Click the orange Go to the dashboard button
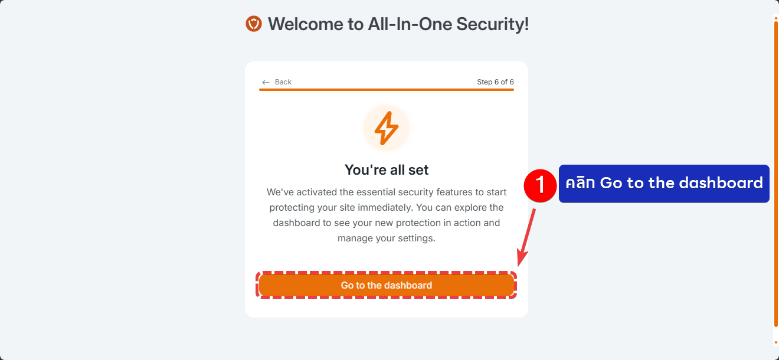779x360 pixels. click(x=387, y=285)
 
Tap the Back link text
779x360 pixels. click(x=283, y=82)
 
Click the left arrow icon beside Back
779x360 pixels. click(x=266, y=82)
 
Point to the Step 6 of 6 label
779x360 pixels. click(x=495, y=82)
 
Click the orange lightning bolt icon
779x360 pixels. click(x=387, y=128)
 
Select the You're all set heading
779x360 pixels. click(x=387, y=170)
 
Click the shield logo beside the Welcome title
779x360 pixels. click(x=254, y=24)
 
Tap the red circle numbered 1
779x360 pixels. click(x=540, y=185)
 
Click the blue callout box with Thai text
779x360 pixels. click(x=664, y=184)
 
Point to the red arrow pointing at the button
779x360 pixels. click(x=526, y=238)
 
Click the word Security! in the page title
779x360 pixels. click(x=492, y=24)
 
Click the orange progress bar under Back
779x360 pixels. click(x=387, y=89)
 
